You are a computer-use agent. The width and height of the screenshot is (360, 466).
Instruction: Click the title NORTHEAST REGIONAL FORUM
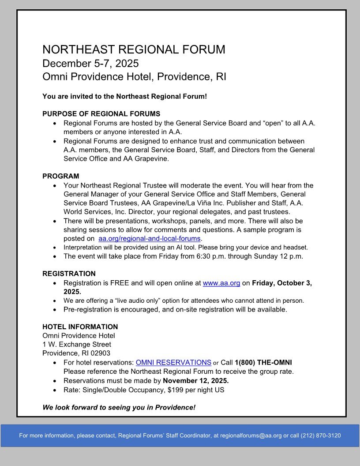click(x=134, y=49)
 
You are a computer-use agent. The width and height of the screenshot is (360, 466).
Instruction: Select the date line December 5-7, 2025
click(x=90, y=63)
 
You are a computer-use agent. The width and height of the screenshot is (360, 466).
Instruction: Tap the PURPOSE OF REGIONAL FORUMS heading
click(x=101, y=114)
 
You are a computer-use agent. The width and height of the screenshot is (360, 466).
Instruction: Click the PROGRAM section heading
click(x=61, y=176)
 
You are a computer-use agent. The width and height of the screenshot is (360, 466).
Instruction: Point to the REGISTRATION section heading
click(x=69, y=274)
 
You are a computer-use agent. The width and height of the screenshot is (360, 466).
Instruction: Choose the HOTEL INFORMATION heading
click(x=80, y=327)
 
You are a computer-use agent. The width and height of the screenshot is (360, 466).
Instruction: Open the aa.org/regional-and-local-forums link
click(x=150, y=239)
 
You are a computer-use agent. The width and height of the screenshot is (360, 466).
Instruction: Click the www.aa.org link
click(x=221, y=283)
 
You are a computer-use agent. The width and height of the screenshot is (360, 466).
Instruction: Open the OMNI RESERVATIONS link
click(x=173, y=363)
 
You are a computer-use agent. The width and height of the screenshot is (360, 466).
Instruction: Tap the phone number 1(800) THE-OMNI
click(x=263, y=363)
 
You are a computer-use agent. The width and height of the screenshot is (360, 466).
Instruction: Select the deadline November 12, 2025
click(x=195, y=381)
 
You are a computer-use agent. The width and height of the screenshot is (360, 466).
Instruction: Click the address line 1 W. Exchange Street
click(x=77, y=344)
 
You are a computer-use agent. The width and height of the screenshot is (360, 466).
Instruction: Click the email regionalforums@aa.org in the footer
click(x=251, y=436)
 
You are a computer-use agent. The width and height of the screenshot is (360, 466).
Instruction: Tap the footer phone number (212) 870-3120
click(x=321, y=436)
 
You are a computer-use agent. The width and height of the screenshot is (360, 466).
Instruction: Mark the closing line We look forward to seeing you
click(x=119, y=407)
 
